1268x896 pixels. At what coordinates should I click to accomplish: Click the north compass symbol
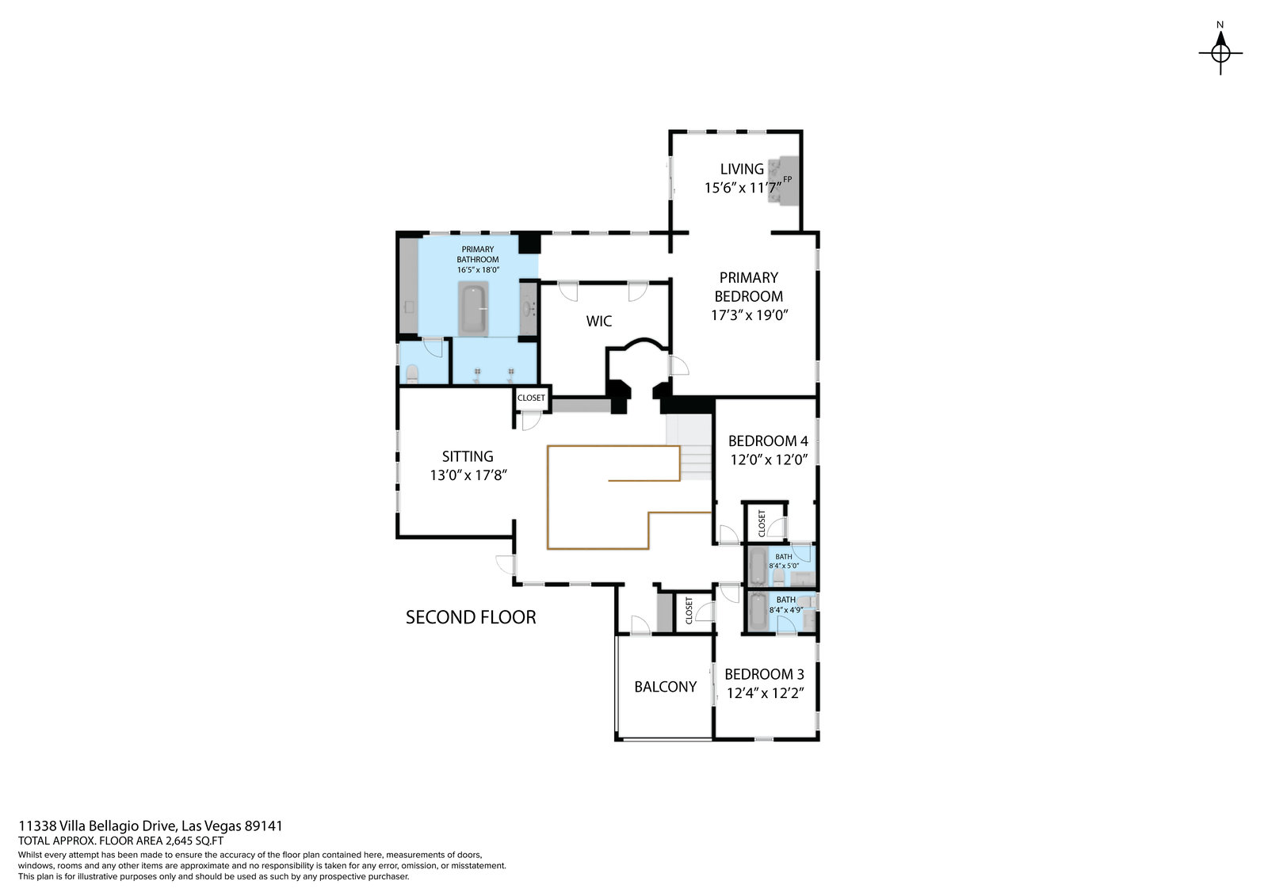[x=1220, y=52]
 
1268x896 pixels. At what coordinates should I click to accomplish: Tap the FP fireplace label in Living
[x=788, y=179]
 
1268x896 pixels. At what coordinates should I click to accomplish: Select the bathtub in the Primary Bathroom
[x=473, y=308]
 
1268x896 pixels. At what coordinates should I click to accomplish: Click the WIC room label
[x=599, y=321]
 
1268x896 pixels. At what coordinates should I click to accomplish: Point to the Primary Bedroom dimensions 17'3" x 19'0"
[x=750, y=315]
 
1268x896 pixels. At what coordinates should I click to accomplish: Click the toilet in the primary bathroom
[x=412, y=374]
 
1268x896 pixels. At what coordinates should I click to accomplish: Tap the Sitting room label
[x=468, y=456]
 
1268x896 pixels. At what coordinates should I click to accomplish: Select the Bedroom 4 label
[x=768, y=441]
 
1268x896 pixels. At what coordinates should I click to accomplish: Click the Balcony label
[x=665, y=687]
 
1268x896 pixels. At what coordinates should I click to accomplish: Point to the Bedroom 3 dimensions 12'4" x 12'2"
[x=766, y=693]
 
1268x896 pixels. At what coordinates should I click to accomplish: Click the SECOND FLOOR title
[x=471, y=617]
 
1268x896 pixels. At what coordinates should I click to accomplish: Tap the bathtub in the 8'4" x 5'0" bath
[x=758, y=566]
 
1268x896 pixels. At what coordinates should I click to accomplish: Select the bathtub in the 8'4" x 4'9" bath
[x=758, y=612]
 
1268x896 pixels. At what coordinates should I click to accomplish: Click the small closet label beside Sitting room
[x=531, y=398]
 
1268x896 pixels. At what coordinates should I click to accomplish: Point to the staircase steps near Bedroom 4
[x=690, y=447]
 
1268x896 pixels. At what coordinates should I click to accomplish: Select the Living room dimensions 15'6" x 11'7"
[x=743, y=187]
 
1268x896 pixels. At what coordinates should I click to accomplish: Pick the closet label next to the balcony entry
[x=689, y=611]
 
